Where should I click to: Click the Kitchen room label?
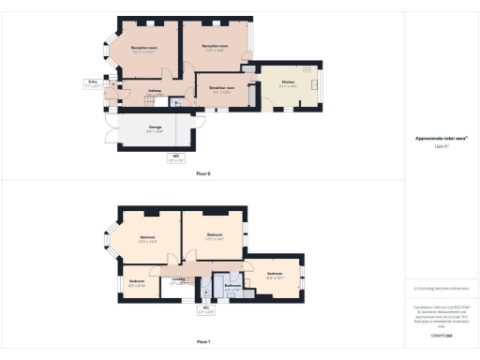(x=288, y=82)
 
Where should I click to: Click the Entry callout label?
(x=93, y=82)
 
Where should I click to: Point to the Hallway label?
(x=157, y=91)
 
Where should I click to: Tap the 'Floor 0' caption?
(x=203, y=173)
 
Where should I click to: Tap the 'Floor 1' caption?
(x=203, y=341)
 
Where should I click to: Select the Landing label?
(x=178, y=278)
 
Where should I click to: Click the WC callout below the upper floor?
(x=206, y=309)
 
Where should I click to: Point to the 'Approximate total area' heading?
(x=441, y=138)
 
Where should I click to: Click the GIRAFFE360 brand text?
(x=441, y=335)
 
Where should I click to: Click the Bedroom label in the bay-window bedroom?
(x=148, y=237)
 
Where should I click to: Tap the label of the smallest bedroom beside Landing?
(x=137, y=281)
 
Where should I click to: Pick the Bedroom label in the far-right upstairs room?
(x=274, y=274)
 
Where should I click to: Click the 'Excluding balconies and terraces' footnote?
(x=441, y=289)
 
